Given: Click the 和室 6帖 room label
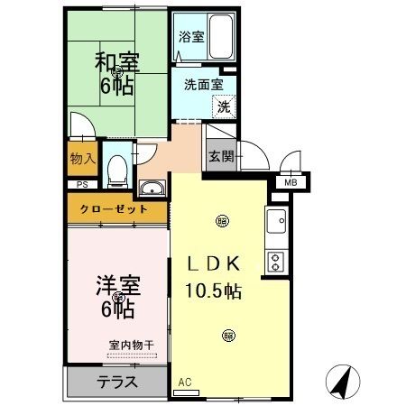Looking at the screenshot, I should point(116,75).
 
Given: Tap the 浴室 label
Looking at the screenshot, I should point(190,38).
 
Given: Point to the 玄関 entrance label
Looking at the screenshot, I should point(221,155).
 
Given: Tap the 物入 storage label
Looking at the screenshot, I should point(82,159).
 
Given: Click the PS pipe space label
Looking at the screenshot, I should point(82,184).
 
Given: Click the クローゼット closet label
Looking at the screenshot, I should point(115,208).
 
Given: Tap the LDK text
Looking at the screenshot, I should point(213,264).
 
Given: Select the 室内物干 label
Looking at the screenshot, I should point(132,344).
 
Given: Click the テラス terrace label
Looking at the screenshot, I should point(117,381).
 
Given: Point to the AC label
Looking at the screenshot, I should point(186,382).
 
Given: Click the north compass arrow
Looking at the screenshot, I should point(340,381).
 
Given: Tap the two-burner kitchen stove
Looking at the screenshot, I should point(276,260).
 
